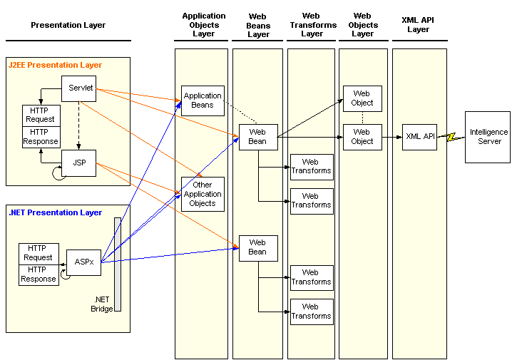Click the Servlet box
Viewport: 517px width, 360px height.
point(79,88)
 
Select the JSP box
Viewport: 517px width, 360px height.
point(79,163)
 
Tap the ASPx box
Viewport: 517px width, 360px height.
point(83,262)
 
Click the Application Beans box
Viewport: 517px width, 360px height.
point(203,101)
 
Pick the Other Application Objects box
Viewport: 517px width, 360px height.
point(203,194)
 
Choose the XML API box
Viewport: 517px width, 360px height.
point(419,137)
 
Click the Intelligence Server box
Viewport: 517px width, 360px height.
point(488,137)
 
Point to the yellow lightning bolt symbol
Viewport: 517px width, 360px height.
point(451,137)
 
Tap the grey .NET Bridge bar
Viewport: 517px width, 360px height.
point(118,264)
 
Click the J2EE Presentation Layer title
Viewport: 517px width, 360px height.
point(55,65)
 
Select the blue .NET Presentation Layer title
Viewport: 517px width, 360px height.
point(55,212)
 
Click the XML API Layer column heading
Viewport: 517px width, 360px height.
point(418,25)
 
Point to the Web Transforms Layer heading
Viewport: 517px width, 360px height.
point(313,25)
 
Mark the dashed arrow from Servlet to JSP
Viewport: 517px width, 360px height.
point(78,125)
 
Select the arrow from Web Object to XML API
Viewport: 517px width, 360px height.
point(392,137)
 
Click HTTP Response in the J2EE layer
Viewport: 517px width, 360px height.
point(41,137)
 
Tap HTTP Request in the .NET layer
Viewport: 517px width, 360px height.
point(39,254)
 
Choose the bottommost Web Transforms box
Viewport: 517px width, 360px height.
point(312,312)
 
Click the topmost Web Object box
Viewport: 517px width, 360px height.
point(362,98)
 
